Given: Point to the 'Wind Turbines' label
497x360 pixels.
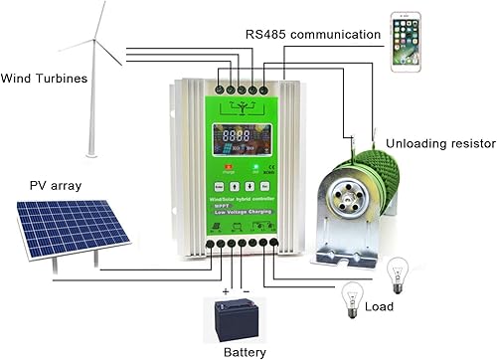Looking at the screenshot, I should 43,78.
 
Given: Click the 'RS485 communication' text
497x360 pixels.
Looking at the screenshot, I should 312,34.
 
